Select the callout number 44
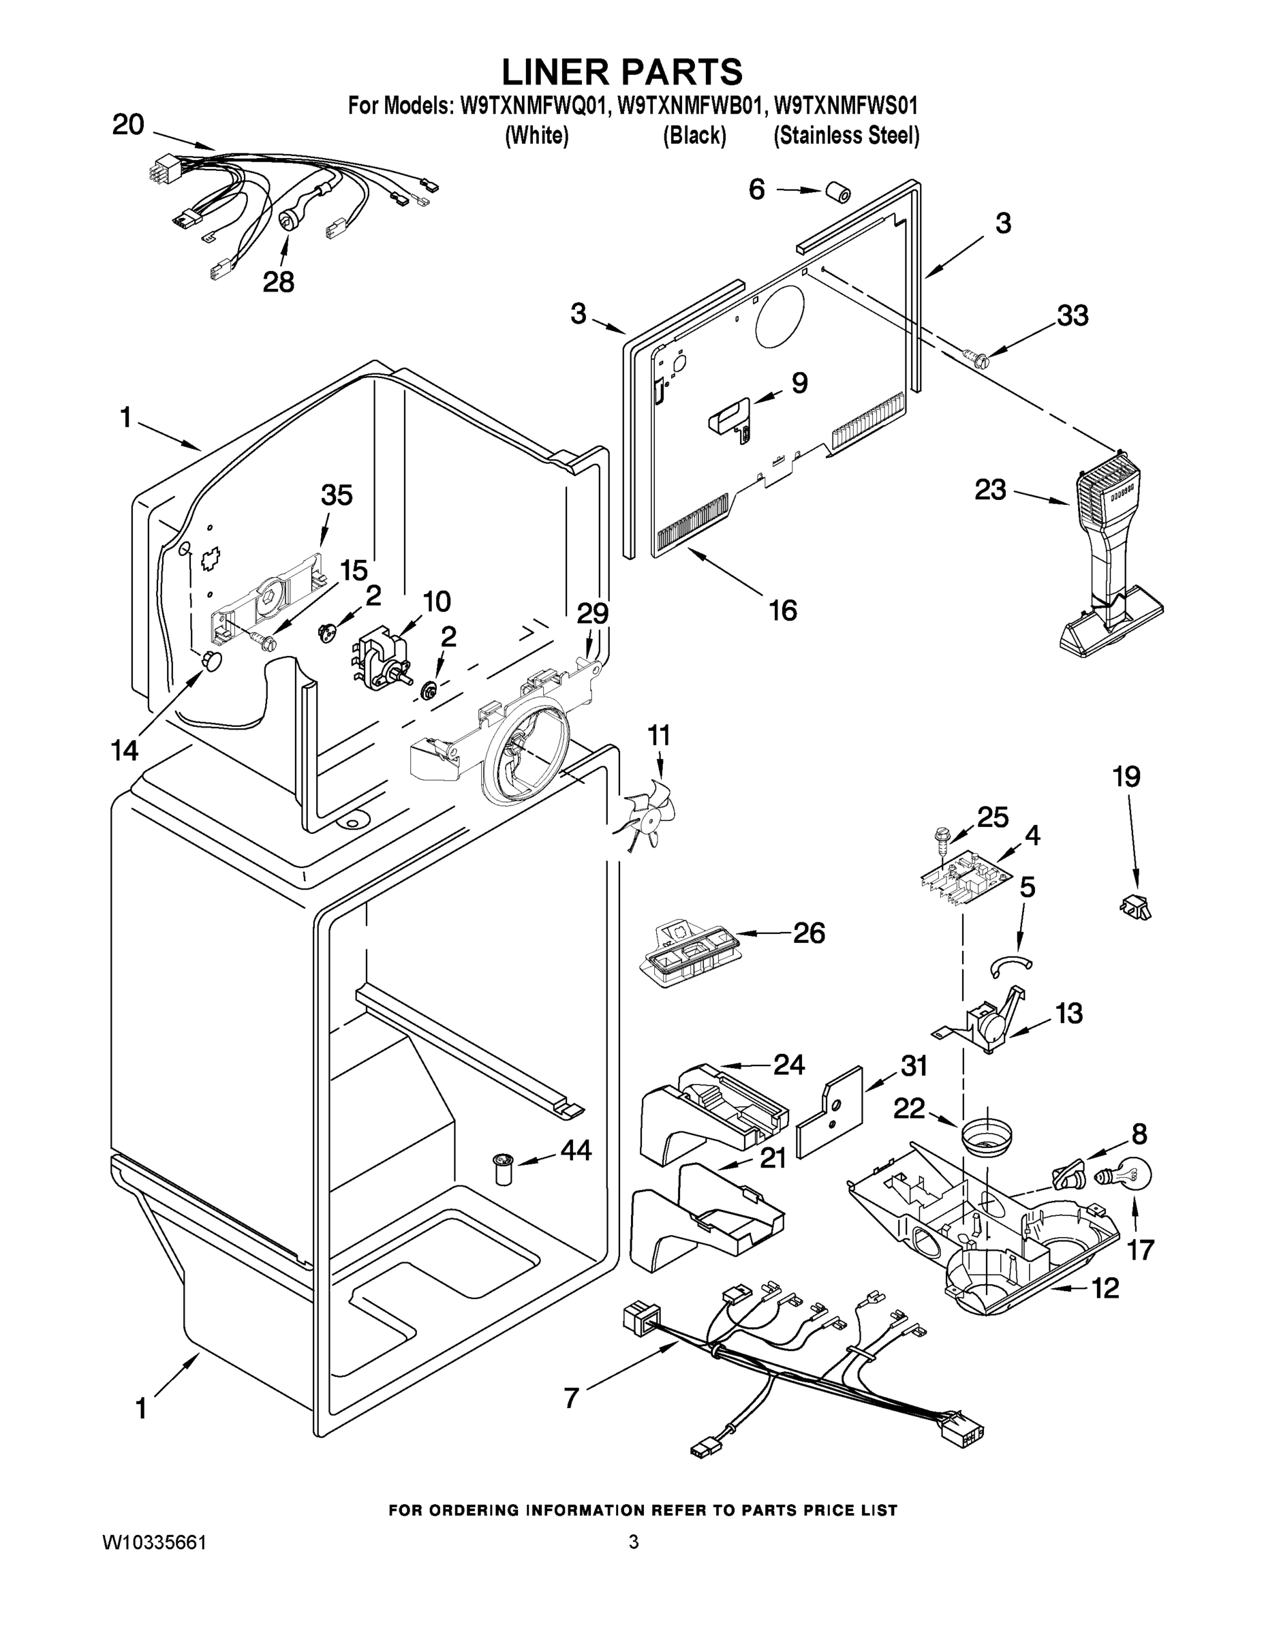[576, 1150]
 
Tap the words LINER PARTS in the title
[621, 72]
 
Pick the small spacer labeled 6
[838, 193]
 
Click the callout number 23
[990, 490]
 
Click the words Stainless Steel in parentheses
[846, 136]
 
